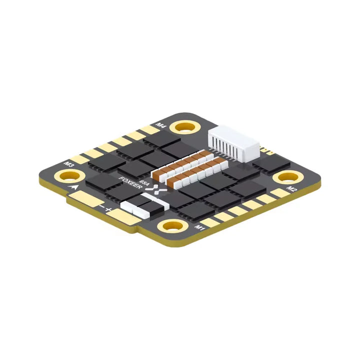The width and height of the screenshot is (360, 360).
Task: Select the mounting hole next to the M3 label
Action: tap(69, 175)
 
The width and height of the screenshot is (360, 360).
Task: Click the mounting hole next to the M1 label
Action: tap(172, 226)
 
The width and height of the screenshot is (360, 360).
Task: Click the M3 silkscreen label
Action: tap(69, 163)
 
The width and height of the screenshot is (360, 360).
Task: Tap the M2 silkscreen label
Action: tap(292, 189)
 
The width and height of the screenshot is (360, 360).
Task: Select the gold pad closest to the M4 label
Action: tap(149, 130)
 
